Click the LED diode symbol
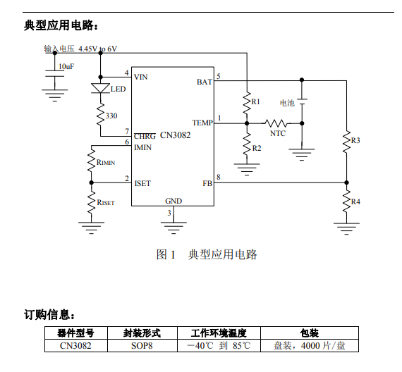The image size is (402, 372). point(100,88)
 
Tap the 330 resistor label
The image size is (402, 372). point(111,116)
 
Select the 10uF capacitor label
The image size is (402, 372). point(66,67)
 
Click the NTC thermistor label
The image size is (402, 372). point(278,133)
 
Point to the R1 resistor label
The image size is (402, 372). point(255,101)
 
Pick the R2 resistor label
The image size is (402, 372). point(257,149)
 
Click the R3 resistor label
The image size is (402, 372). point(355,140)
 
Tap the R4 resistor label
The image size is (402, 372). point(355,202)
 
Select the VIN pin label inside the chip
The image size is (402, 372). point(141,77)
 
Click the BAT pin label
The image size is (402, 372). point(205,82)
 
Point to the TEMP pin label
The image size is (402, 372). point(202,123)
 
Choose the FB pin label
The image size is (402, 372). point(207,183)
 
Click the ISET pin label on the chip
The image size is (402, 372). point(142,183)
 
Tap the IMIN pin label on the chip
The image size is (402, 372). point(142,147)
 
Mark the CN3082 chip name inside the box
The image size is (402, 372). point(176,135)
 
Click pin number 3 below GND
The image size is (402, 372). point(169,213)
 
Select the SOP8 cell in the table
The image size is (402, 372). point(142,346)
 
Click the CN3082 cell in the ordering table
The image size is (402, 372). point(75,346)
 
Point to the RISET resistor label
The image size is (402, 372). point(106,202)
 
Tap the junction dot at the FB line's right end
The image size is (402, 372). point(346,182)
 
